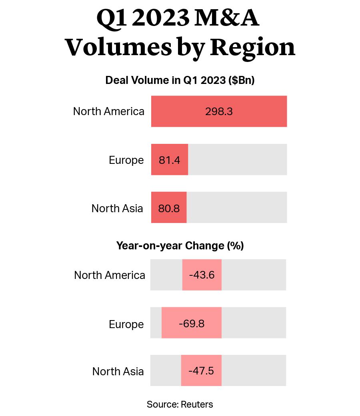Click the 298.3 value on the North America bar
pyautogui.click(x=219, y=111)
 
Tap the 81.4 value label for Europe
pyautogui.click(x=169, y=160)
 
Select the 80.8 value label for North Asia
pyautogui.click(x=169, y=208)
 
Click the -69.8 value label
pyautogui.click(x=192, y=324)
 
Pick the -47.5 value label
pyautogui.click(x=201, y=371)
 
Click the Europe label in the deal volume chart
pyautogui.click(x=126, y=160)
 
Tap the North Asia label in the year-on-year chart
pyautogui.click(x=118, y=371)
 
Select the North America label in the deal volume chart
pyautogui.click(x=108, y=111)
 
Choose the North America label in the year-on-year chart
pyautogui.click(x=110, y=275)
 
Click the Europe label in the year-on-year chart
pyautogui.click(x=126, y=324)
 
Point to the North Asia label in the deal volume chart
pyautogui.click(x=117, y=208)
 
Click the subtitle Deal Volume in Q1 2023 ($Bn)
pyautogui.click(x=180, y=80)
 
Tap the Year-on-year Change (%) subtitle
pyautogui.click(x=180, y=245)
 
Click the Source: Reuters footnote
pyautogui.click(x=180, y=404)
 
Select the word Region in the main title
pyautogui.click(x=253, y=48)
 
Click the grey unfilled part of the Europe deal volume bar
pyautogui.click(x=237, y=159)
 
